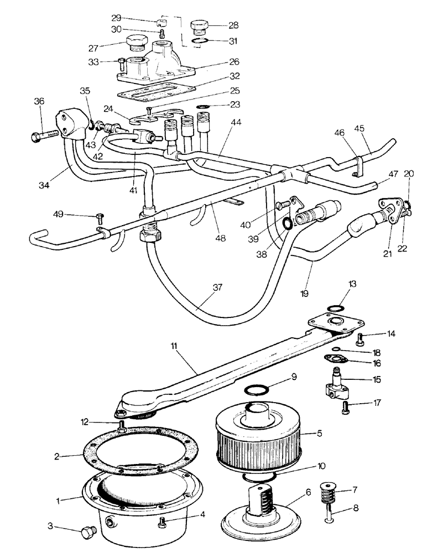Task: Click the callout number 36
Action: (x=38, y=101)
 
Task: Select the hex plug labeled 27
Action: (x=136, y=42)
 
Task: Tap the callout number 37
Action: (x=217, y=288)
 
